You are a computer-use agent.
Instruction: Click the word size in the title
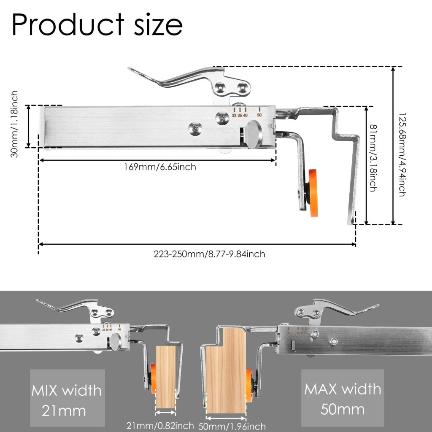(x=158, y=25)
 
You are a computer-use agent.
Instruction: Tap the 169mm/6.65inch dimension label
(x=160, y=167)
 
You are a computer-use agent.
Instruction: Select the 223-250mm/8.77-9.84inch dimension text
(x=209, y=254)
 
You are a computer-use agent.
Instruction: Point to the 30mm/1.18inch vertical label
(x=14, y=124)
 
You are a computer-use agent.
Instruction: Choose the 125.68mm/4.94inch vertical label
(x=402, y=154)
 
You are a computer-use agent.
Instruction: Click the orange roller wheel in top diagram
(x=313, y=192)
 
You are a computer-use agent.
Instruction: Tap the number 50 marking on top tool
(x=259, y=115)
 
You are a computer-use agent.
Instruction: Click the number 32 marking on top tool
(x=234, y=116)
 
